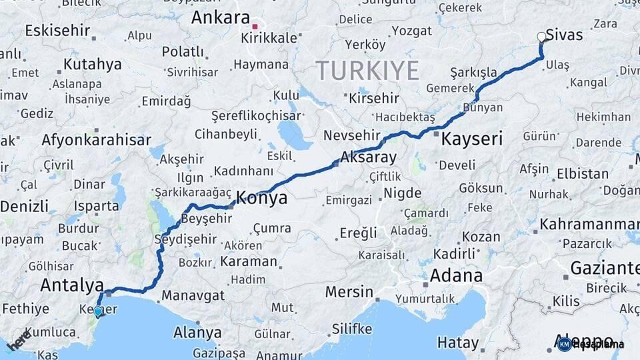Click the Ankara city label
click(220, 18)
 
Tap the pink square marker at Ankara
click(255, 27)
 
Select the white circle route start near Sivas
click(541, 37)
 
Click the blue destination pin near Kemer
click(98, 311)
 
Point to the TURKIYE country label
click(367, 70)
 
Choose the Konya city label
click(262, 198)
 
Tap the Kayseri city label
click(472, 139)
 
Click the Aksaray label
click(368, 158)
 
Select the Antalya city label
click(72, 285)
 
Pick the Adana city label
click(456, 275)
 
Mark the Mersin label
click(349, 291)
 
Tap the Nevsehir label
click(351, 135)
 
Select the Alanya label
click(197, 332)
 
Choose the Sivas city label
click(564, 35)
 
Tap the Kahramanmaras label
click(589, 223)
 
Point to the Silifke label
click(352, 329)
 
